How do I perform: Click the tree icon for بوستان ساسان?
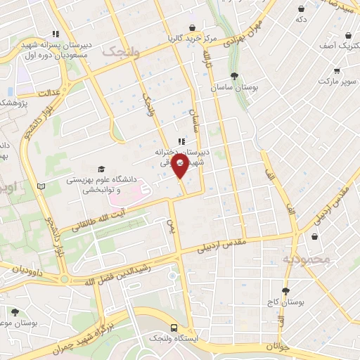coord(234,77)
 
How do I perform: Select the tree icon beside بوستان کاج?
coord(285,290)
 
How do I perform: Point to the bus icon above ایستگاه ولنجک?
coord(174,328)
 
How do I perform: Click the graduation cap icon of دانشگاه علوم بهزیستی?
coord(101,169)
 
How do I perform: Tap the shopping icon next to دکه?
coord(301,8)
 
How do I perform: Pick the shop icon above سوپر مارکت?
coord(337,71)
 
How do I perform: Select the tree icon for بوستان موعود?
coord(15,311)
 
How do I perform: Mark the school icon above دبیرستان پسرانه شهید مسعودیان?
coord(56,33)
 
